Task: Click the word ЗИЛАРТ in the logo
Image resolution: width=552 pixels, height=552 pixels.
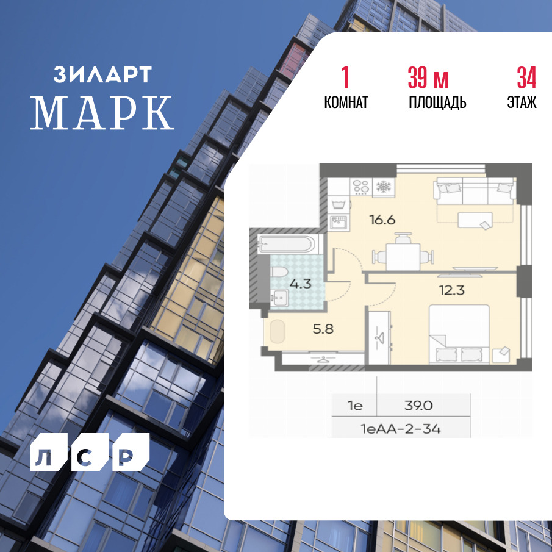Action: tap(103, 74)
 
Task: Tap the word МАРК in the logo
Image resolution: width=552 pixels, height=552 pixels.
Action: tap(102, 113)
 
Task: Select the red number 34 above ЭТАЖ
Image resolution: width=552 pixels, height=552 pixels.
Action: tap(526, 77)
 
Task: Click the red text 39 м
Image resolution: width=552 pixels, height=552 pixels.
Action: tap(428, 77)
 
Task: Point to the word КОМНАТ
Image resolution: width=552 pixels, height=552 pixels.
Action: tap(346, 102)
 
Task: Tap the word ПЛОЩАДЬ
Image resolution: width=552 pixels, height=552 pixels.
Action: tap(437, 102)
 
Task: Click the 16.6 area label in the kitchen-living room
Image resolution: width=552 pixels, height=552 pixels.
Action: tap(382, 220)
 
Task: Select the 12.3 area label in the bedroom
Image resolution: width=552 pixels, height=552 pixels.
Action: tap(452, 290)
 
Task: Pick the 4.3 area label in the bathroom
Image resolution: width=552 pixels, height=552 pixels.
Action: tap(301, 284)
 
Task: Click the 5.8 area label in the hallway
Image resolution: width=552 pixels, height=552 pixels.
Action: tap(323, 329)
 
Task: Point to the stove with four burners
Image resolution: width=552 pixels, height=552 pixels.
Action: tap(361, 187)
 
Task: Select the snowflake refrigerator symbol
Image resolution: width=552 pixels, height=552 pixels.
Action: tap(384, 187)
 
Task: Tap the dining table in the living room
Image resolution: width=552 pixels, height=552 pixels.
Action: tap(403, 257)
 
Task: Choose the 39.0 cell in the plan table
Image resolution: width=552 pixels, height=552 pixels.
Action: tap(418, 406)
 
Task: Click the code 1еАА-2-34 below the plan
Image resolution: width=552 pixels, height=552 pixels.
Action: tap(401, 429)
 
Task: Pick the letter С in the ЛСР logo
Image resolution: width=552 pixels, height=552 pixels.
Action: tap(90, 453)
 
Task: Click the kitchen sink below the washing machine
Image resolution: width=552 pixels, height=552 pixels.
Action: tap(339, 223)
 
